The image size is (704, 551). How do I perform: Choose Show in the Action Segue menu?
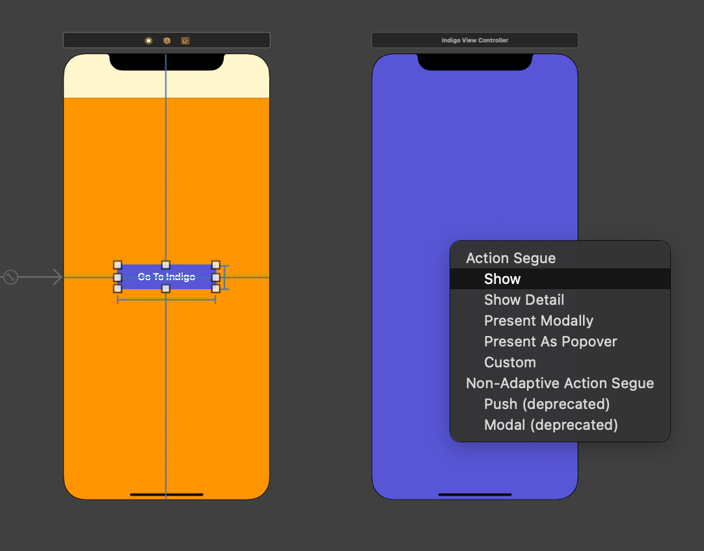[502, 279]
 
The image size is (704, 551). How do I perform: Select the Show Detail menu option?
[524, 300]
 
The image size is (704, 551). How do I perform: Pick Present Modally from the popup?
[538, 320]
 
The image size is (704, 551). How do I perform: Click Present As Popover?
[550, 341]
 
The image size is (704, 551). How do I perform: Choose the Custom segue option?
[510, 362]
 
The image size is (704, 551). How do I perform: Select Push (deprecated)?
[547, 404]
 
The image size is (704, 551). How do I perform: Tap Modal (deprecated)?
[550, 425]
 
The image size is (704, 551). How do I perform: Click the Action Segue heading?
[511, 258]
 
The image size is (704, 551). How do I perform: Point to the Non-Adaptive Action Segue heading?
[560, 383]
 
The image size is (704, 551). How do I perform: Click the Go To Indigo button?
[167, 277]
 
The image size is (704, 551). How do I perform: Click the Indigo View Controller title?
[475, 40]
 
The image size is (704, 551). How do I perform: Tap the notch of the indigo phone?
[475, 62]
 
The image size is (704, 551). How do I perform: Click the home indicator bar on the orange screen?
[167, 494]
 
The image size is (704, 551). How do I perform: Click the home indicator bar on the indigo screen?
[475, 494]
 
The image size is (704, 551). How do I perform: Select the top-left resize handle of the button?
[118, 265]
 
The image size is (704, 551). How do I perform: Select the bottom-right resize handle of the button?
[215, 288]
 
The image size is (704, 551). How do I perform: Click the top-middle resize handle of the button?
[166, 265]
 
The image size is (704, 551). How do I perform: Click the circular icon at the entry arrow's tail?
[10, 277]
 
